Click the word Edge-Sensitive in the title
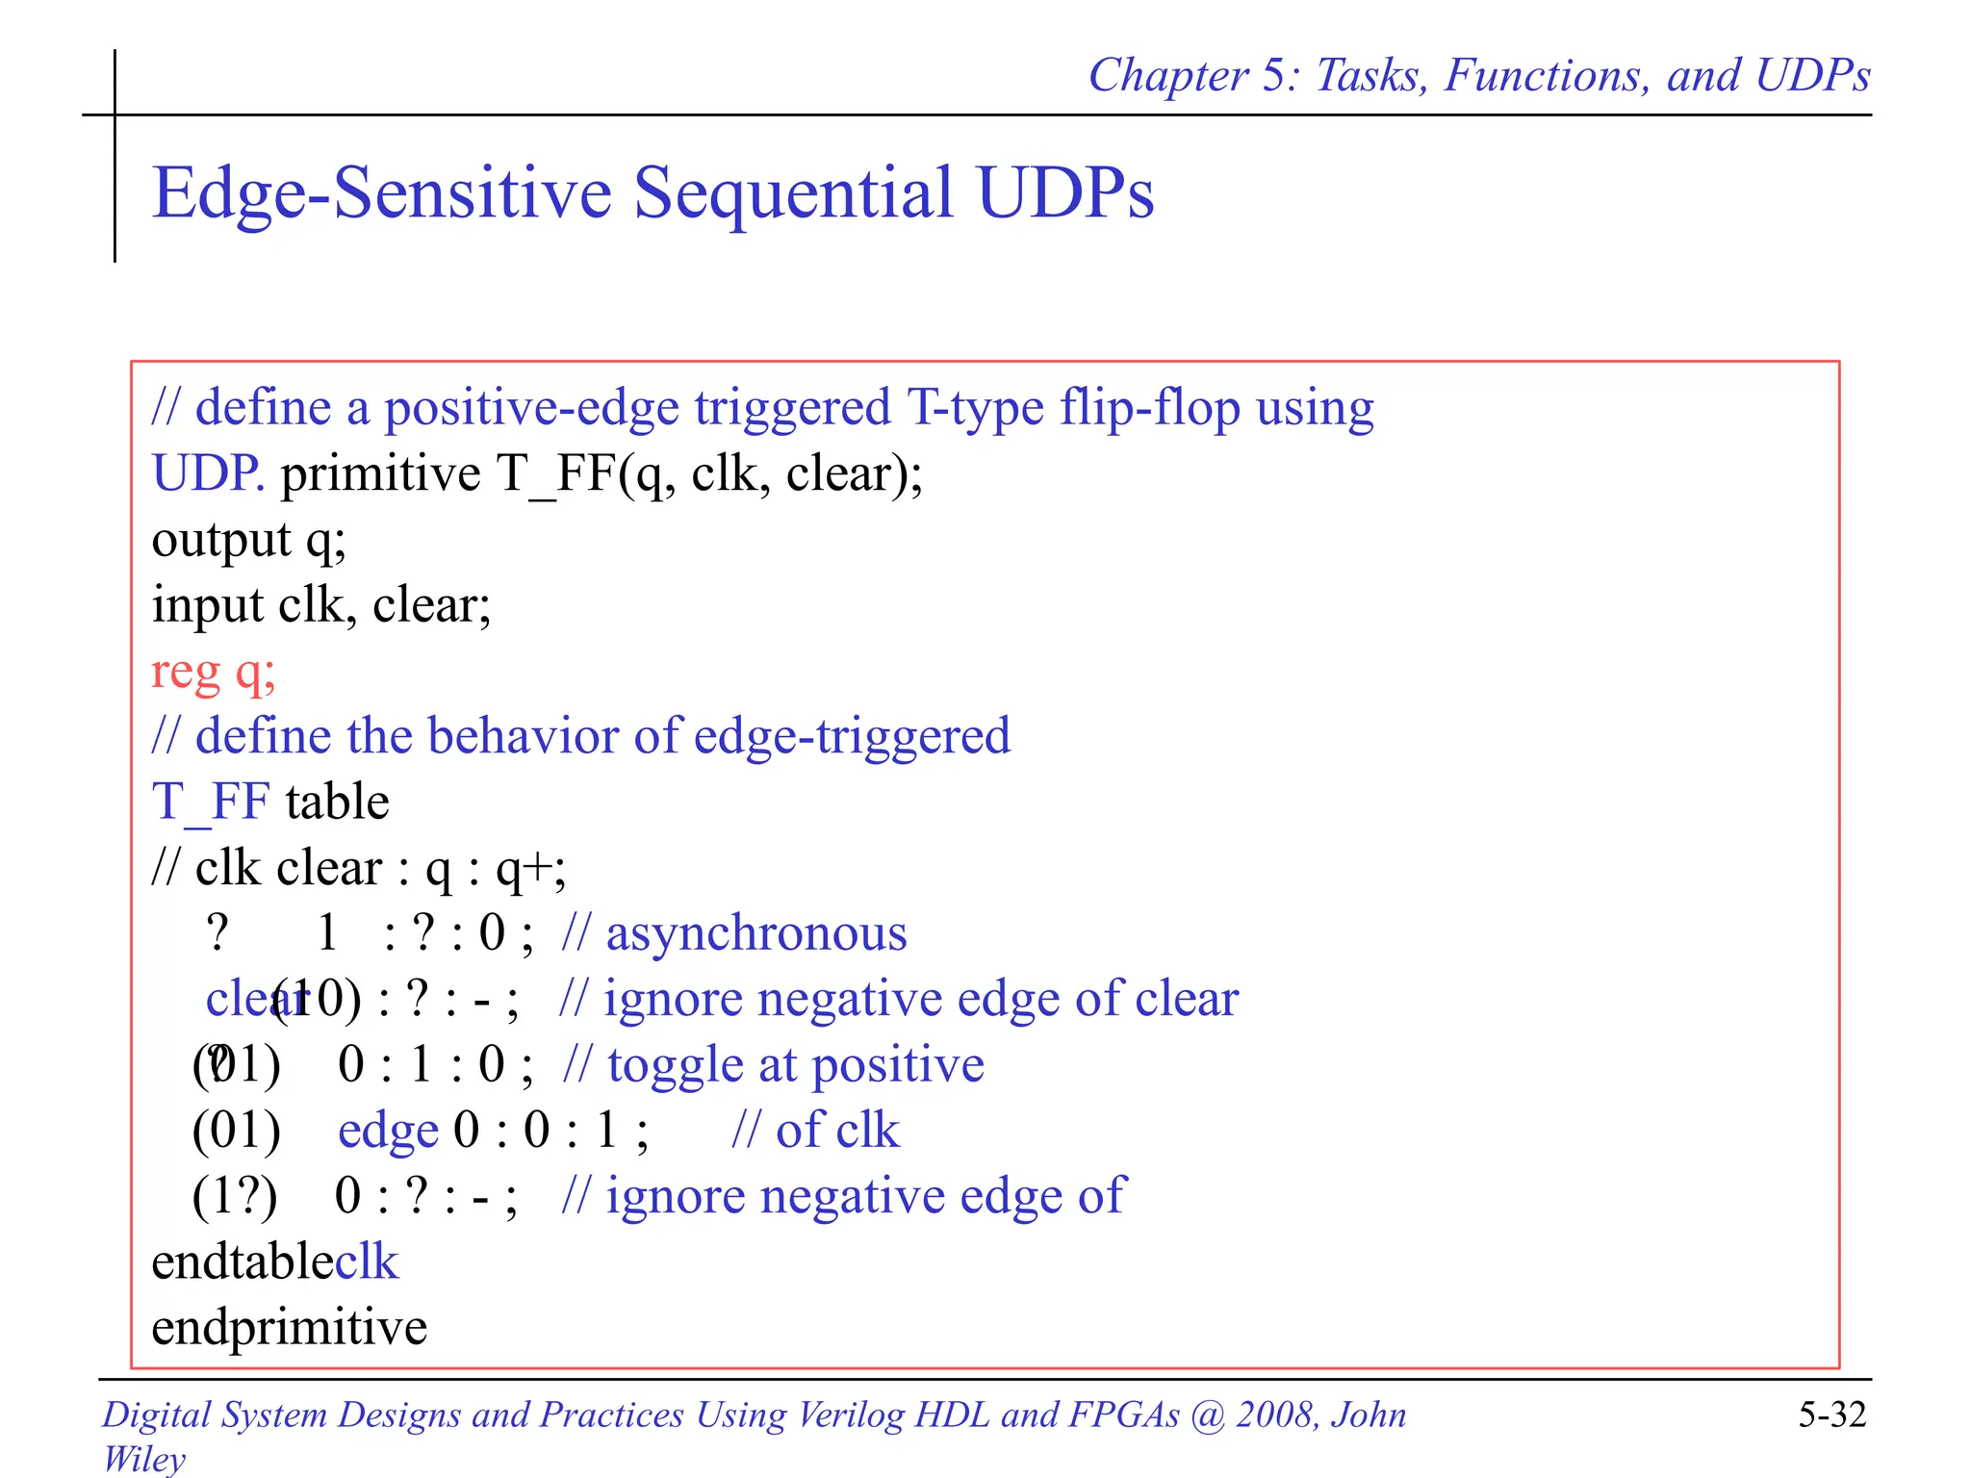(381, 193)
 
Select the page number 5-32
(1831, 1414)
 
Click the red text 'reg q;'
(214, 672)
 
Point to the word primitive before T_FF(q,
(380, 473)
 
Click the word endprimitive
(289, 1327)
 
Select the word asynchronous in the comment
(755, 933)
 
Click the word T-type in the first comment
(975, 408)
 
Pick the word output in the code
(221, 540)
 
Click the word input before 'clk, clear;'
(207, 605)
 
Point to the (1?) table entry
(235, 1196)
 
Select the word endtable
(243, 1261)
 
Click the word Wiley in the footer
(143, 1458)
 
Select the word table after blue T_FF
(337, 803)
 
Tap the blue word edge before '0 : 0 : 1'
(388, 1131)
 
